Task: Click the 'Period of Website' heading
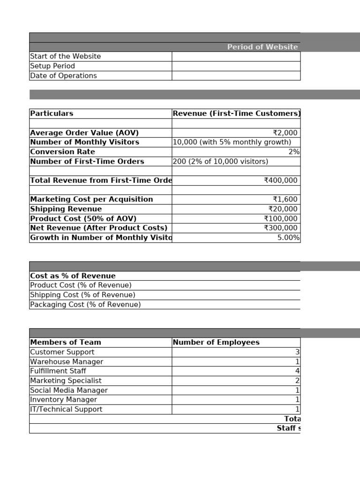click(x=262, y=47)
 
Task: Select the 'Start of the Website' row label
click(x=65, y=56)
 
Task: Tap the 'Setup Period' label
click(x=52, y=66)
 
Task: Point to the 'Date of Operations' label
click(x=63, y=75)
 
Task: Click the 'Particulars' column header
click(x=52, y=113)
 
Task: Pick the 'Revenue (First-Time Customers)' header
click(x=236, y=113)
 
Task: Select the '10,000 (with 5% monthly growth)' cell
click(x=232, y=142)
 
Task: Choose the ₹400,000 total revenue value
click(x=281, y=180)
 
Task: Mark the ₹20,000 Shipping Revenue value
click(x=283, y=209)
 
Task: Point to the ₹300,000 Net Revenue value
click(x=281, y=228)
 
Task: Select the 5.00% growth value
click(x=288, y=238)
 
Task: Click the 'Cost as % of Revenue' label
click(x=73, y=276)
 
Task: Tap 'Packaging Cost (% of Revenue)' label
click(x=85, y=304)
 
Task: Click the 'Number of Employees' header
click(x=216, y=342)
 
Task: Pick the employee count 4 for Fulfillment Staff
click(x=297, y=371)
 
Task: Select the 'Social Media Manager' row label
click(x=69, y=390)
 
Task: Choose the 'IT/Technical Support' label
click(x=66, y=409)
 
